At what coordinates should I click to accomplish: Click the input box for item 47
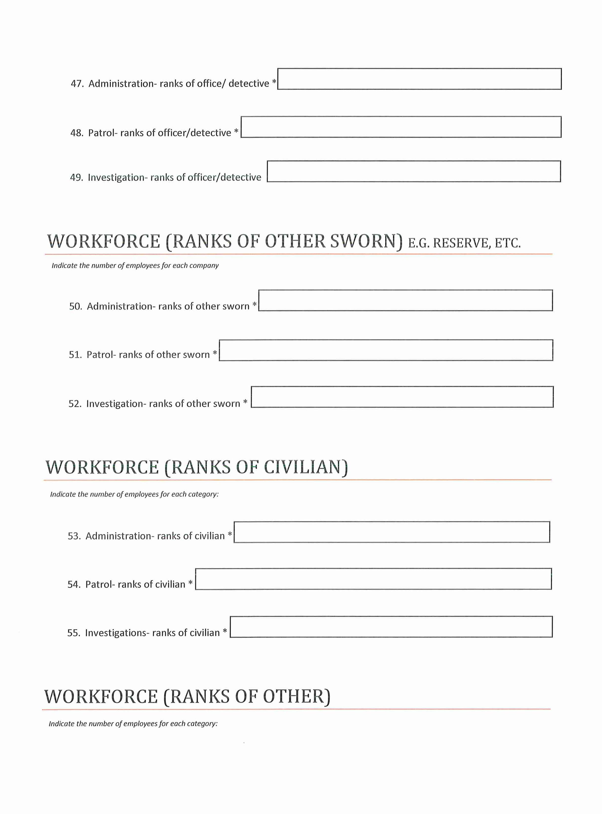419,79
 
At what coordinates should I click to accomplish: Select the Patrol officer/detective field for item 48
401,127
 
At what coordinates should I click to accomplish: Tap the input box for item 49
414,171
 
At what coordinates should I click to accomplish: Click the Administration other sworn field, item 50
405,300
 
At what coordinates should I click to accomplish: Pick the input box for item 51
386,350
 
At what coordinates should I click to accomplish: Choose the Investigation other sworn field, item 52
402,397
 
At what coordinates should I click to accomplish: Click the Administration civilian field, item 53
392,532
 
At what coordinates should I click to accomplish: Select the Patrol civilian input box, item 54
373,579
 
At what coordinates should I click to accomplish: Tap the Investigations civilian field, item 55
391,627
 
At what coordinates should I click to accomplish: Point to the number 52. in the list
75,404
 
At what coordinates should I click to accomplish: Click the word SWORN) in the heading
366,241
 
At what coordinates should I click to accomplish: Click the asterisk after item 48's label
236,131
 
